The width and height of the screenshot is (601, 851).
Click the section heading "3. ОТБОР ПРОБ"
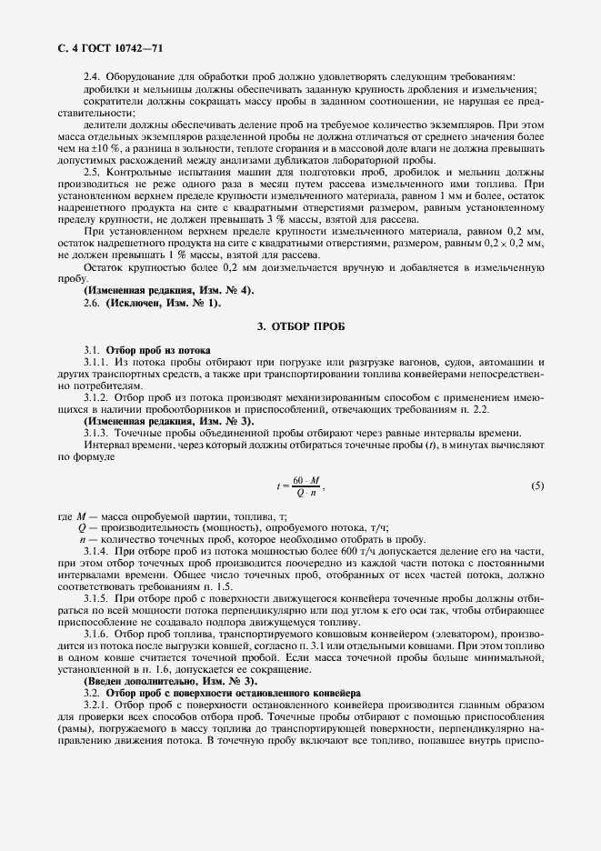[300, 325]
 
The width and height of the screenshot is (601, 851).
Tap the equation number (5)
[537, 486]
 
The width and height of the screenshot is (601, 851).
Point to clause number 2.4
[92, 76]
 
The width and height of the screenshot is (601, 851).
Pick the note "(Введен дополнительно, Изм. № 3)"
[170, 681]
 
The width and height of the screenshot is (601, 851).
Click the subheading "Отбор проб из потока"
[158, 350]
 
